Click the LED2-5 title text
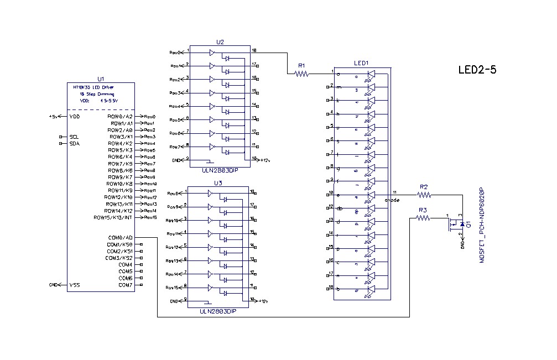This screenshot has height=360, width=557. (477, 70)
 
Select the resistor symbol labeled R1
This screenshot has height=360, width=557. (301, 73)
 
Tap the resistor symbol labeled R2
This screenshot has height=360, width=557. (424, 195)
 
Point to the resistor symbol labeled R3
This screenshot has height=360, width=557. (423, 218)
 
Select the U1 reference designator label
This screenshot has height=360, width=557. (100, 79)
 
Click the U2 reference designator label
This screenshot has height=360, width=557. (220, 42)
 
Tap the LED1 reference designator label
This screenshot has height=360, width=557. (361, 64)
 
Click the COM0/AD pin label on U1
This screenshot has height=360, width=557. (121, 238)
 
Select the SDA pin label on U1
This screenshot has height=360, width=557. (75, 143)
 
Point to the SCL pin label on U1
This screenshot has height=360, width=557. (75, 137)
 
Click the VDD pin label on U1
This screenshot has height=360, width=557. (75, 117)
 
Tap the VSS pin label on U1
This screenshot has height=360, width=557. (75, 285)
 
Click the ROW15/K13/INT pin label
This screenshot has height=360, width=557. (113, 217)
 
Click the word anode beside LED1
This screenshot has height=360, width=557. (392, 200)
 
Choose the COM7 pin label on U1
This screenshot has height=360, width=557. (125, 285)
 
